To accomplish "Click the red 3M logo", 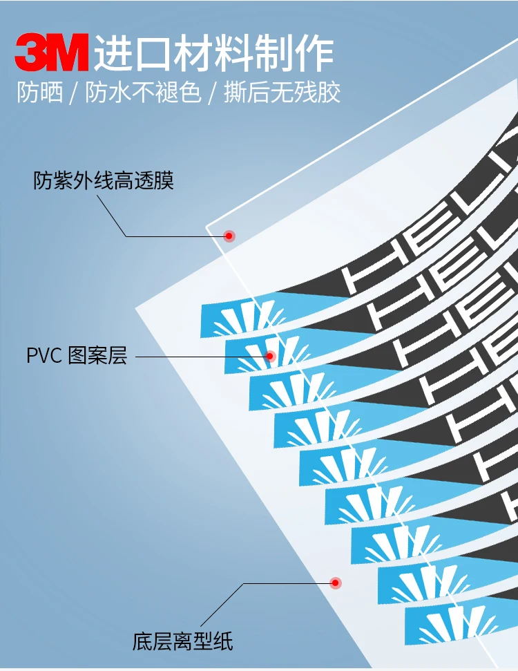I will pyautogui.click(x=52, y=54).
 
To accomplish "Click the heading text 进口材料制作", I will pyautogui.click(x=213, y=53).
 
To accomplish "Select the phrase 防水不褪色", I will pyautogui.click(x=143, y=93).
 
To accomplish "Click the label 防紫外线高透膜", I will pyautogui.click(x=104, y=181).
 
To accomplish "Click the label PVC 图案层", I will pyautogui.click(x=77, y=357).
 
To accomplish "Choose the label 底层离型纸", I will pyautogui.click(x=183, y=641).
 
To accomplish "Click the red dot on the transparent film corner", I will pyautogui.click(x=229, y=236).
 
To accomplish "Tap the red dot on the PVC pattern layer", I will pyautogui.click(x=271, y=357).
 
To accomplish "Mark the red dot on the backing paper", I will pyautogui.click(x=336, y=583).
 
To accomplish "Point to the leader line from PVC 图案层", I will pyautogui.click(x=200, y=357).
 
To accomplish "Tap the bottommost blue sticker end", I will pyautogui.click(x=442, y=625).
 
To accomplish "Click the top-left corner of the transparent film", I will pyautogui.click(x=207, y=226).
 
